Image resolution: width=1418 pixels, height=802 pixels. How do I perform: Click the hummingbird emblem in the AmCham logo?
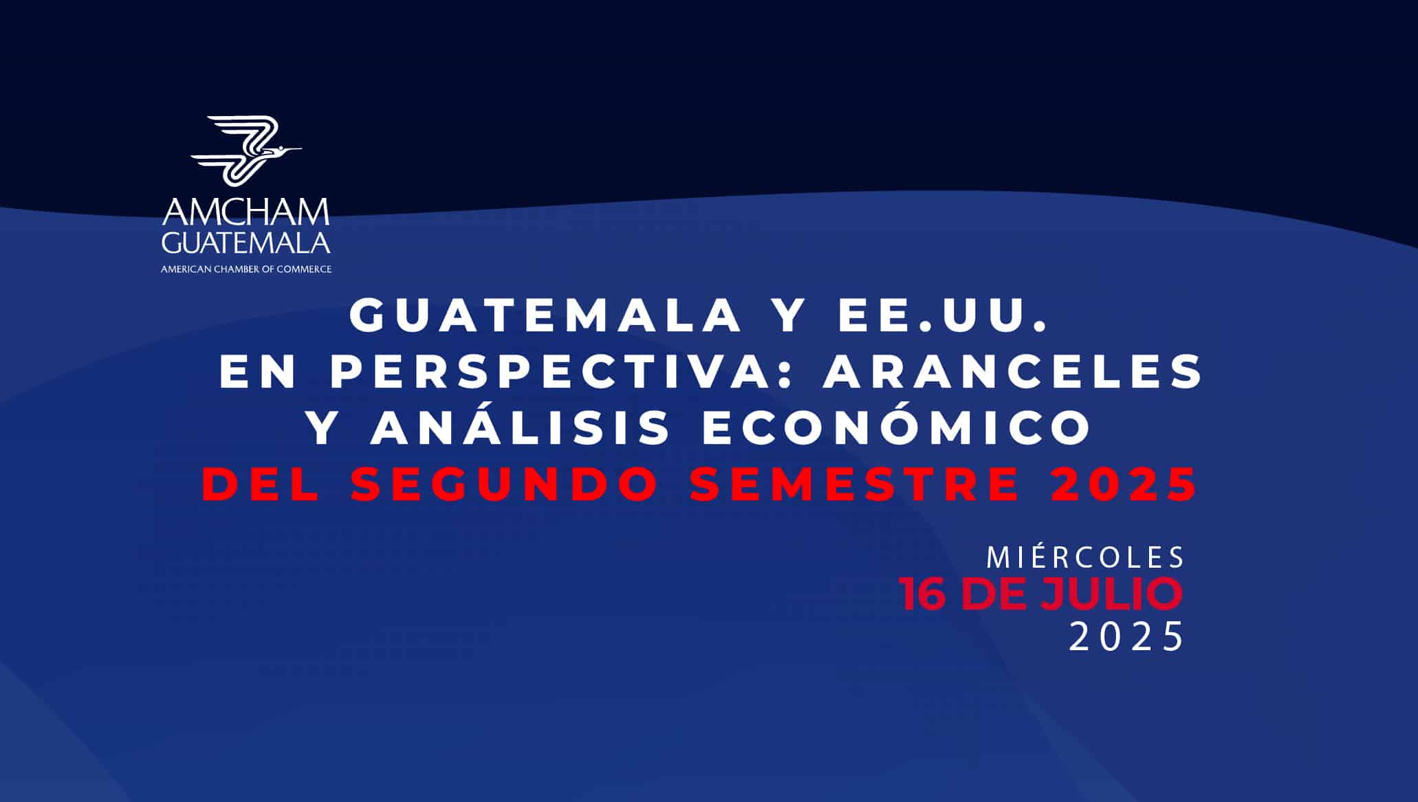coord(246,151)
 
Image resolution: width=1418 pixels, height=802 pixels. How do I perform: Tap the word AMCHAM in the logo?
coord(246,212)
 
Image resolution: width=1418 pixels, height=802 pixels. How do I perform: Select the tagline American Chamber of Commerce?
coord(246,269)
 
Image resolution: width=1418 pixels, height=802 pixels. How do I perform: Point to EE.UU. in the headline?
coord(943,315)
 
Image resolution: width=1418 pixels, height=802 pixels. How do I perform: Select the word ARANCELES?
coord(1013,372)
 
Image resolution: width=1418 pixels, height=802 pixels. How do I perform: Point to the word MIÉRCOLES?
coord(1086,557)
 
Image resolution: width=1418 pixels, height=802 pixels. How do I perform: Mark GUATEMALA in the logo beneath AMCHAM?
coord(246,241)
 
